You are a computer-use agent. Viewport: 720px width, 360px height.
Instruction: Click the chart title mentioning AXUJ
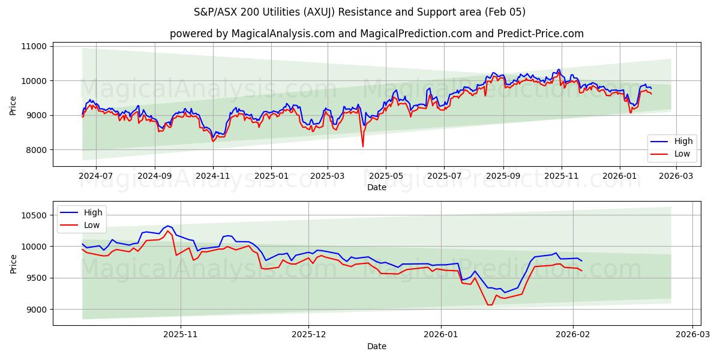click(360, 12)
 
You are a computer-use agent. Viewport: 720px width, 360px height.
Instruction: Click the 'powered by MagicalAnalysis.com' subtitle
click(376, 34)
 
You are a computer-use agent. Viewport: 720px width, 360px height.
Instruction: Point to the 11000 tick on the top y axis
click(34, 46)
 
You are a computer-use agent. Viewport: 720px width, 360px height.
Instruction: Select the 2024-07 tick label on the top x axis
click(96, 176)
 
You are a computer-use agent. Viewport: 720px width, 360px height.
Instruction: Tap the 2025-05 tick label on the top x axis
click(385, 176)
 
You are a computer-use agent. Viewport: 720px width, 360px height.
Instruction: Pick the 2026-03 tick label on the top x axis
click(676, 176)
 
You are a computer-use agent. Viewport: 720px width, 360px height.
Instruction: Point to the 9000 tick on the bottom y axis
click(37, 310)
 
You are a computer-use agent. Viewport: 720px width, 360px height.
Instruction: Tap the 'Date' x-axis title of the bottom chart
click(376, 346)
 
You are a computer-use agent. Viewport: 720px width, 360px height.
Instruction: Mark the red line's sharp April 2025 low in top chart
click(362, 146)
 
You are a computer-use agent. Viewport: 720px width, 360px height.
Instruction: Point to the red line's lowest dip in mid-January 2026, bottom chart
click(490, 305)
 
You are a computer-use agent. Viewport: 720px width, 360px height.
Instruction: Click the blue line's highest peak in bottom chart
click(168, 226)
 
